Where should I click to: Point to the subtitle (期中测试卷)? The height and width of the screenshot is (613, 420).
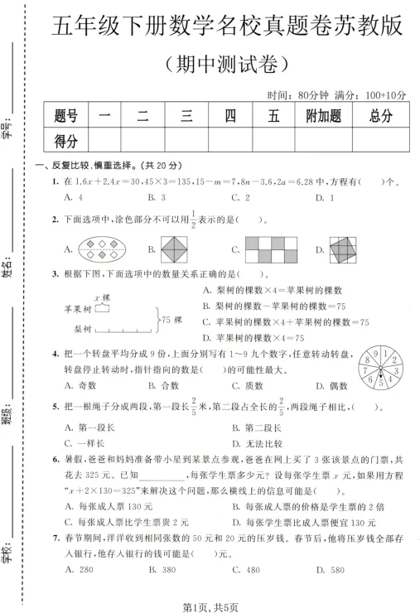coord(226,62)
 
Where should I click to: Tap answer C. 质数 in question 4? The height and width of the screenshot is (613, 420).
coord(247,385)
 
